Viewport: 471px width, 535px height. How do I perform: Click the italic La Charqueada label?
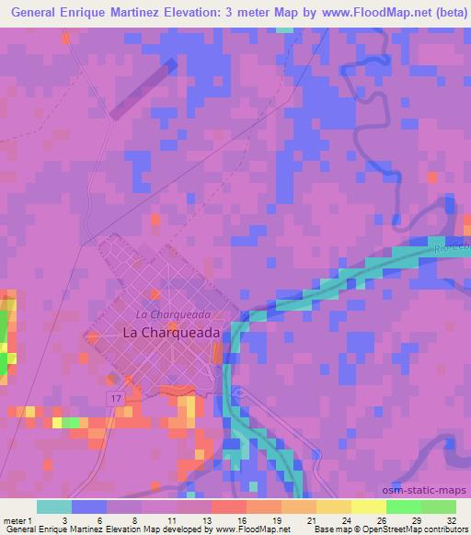(x=167, y=315)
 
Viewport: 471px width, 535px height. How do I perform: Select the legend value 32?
(x=450, y=519)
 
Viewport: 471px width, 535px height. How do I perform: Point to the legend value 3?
(x=65, y=519)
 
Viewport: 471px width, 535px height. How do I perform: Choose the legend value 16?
(x=239, y=519)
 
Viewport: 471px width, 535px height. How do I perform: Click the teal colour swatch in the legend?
(x=54, y=507)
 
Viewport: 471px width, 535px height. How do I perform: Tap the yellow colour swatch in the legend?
(x=369, y=507)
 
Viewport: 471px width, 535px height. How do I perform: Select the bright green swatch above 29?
(x=403, y=507)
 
